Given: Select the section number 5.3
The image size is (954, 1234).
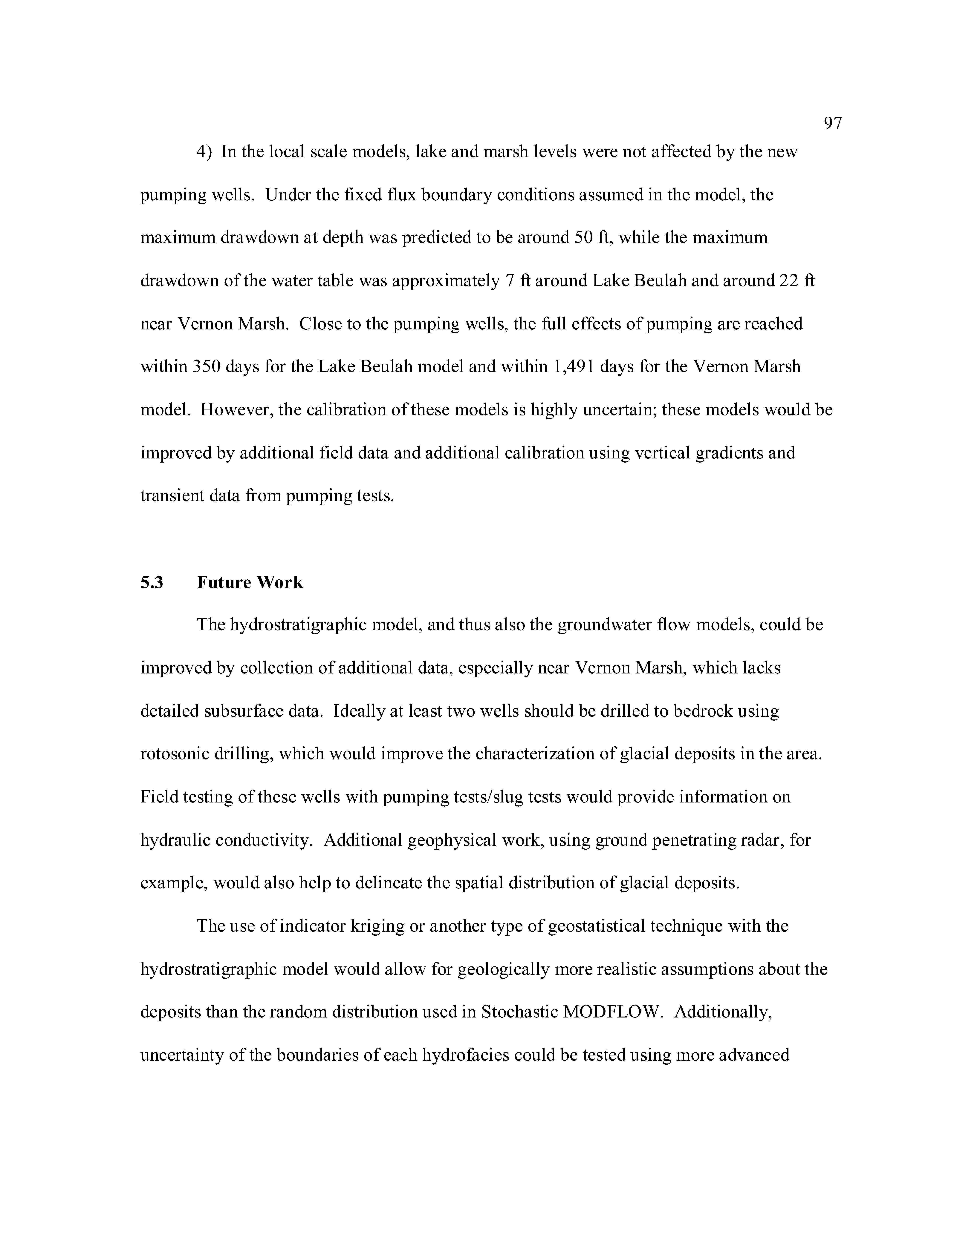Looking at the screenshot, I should click(152, 583).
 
